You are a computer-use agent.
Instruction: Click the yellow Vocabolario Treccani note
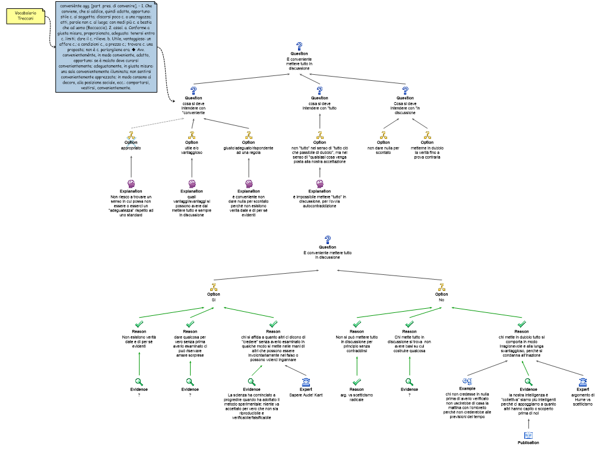[x=26, y=16]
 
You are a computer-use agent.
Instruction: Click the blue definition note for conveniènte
[x=106, y=47]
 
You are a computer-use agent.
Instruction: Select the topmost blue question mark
[x=299, y=46]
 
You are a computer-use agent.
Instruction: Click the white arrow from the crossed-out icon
[x=157, y=123]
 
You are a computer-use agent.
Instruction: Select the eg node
[x=467, y=381]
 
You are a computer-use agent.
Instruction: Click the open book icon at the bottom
[x=528, y=435]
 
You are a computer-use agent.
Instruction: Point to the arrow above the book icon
[x=528, y=423]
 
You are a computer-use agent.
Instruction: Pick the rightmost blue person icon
[x=583, y=382]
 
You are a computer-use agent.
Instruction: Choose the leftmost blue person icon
[x=306, y=382]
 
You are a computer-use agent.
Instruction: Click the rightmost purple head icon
[x=319, y=184]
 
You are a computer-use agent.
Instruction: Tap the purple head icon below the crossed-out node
[x=131, y=184]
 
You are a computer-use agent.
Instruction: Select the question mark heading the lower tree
[x=328, y=240]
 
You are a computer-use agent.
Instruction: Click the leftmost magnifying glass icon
[x=139, y=382]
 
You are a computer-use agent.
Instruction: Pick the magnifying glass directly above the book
[x=528, y=382]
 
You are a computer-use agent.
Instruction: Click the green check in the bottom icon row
[x=356, y=382]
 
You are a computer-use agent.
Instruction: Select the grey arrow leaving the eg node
[x=487, y=368]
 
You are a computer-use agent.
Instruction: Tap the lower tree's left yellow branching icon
[x=214, y=287]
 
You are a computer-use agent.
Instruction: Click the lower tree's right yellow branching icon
[x=441, y=287]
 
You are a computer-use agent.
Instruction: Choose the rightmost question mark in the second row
[x=405, y=91]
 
